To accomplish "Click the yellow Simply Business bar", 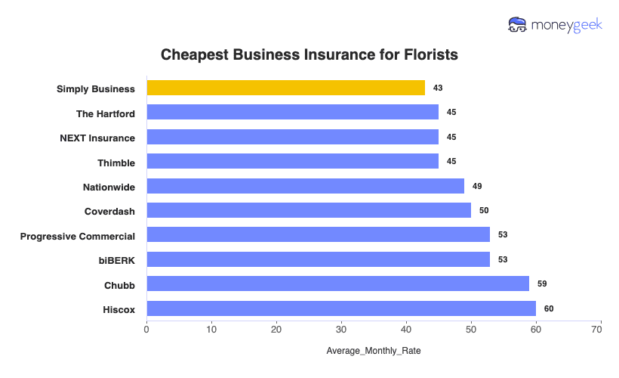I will (x=285, y=88).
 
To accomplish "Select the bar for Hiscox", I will (x=341, y=308).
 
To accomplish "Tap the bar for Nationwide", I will (x=305, y=186).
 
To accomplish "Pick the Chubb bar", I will (x=337, y=283).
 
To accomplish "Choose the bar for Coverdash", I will (x=309, y=210).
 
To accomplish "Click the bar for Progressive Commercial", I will (x=318, y=235).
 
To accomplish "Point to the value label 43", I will (x=438, y=88).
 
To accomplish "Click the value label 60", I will (x=549, y=308).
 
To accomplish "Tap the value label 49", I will (x=477, y=186).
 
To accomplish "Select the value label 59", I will (x=542, y=283).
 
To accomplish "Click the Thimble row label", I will (x=116, y=162).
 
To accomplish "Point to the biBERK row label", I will (x=116, y=259).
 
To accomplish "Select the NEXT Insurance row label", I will (x=97, y=138).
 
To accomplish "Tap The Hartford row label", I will (x=106, y=113).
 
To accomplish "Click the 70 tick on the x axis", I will (x=601, y=330).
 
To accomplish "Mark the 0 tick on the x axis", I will (x=146, y=330).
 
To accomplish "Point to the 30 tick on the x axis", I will (x=341, y=330).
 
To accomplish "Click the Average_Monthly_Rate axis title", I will (x=373, y=352).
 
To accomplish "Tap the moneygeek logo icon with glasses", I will (x=518, y=25).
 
